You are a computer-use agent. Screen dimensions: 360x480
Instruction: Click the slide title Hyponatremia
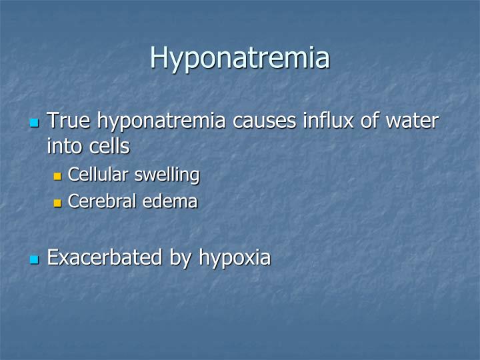(x=239, y=57)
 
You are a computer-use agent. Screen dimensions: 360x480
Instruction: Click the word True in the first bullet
(x=70, y=121)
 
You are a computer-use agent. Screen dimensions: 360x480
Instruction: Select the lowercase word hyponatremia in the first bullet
(x=163, y=123)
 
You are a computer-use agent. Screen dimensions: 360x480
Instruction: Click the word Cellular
(x=99, y=175)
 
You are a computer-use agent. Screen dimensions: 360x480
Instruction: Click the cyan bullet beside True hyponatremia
(x=35, y=123)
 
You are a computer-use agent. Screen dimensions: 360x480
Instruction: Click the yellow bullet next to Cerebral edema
(x=57, y=202)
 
